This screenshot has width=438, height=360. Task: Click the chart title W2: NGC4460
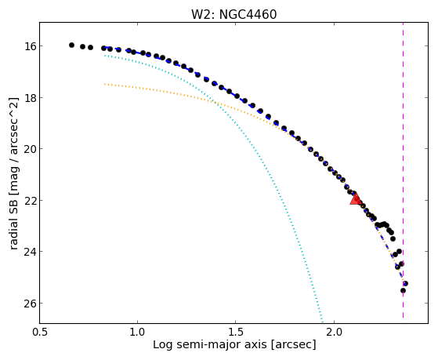(x=233, y=15)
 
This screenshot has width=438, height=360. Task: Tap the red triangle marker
(x=355, y=198)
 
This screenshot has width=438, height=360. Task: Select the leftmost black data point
(x=71, y=45)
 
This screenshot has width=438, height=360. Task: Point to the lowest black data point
(x=403, y=291)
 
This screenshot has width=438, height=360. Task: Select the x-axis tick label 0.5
(x=40, y=333)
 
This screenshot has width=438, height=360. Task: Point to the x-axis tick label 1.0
(x=137, y=333)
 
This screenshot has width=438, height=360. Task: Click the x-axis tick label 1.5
(x=236, y=333)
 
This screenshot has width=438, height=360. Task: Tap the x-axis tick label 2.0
(x=334, y=333)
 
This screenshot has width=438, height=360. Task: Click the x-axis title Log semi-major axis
(x=210, y=344)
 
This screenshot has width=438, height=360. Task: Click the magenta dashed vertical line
(x=403, y=170)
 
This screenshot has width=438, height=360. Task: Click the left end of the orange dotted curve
(x=105, y=84)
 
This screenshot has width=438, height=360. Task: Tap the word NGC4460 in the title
(x=248, y=15)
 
